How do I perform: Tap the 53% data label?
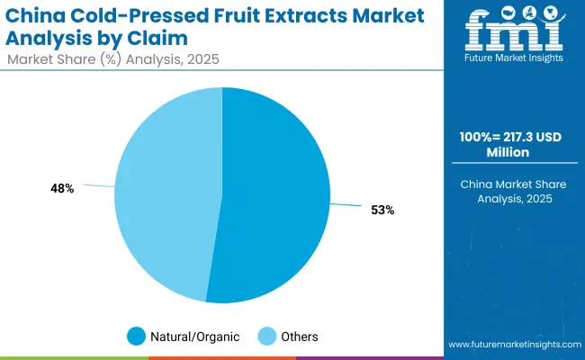tap(382, 210)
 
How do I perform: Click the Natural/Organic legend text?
tap(196, 337)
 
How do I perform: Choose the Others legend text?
tap(299, 337)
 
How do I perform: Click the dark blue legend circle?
tap(137, 337)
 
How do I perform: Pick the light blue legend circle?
tap(267, 337)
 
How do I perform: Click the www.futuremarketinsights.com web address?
tap(512, 345)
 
